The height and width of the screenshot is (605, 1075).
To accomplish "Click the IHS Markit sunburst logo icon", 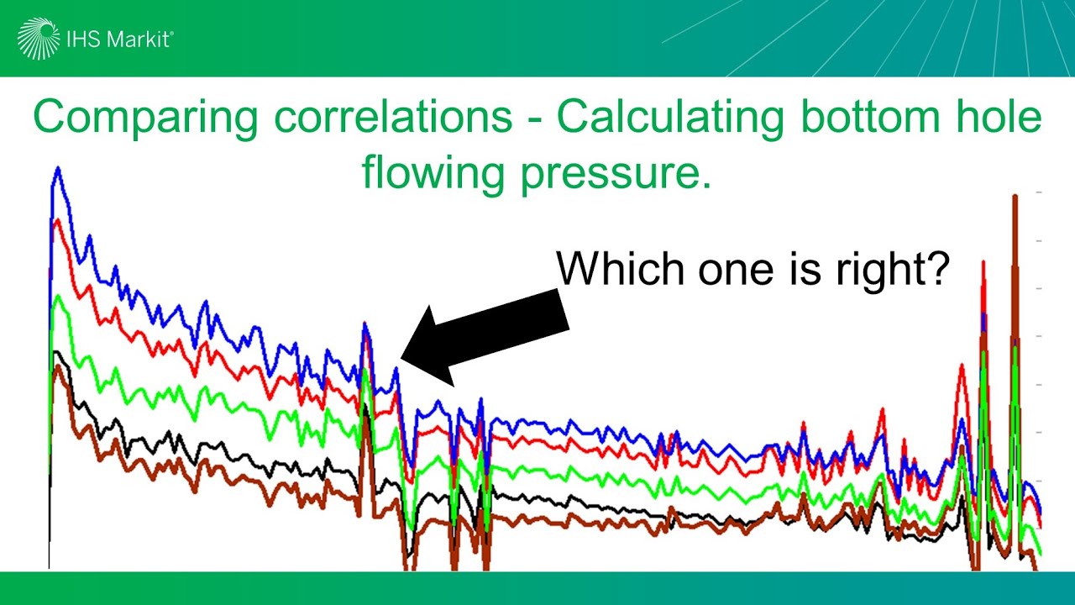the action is (39, 39).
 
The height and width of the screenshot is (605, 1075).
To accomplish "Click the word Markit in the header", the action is (138, 39).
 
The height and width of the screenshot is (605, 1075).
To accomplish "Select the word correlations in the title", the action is (393, 117).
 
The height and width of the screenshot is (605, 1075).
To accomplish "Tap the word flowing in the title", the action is (433, 173).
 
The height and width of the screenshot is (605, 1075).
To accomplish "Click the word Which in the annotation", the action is (620, 268).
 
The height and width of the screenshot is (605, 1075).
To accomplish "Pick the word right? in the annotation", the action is (893, 271).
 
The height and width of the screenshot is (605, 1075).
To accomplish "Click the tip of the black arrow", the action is (401, 359).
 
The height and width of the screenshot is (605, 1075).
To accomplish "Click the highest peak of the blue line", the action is (58, 167).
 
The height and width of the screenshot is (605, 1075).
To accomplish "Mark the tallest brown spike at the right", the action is (1015, 196).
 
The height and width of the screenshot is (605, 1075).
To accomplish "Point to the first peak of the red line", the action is (59, 220).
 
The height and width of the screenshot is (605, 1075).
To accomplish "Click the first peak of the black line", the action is (56, 352).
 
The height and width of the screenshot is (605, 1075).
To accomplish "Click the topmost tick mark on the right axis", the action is (1039, 192).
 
